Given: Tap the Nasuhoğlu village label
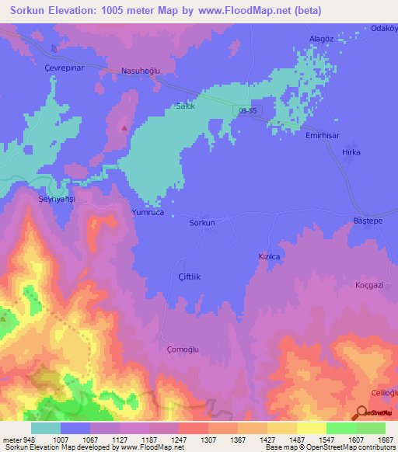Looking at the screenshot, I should [x=141, y=71].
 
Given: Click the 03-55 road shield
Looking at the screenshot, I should [x=249, y=111].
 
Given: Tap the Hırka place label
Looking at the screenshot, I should [x=351, y=152].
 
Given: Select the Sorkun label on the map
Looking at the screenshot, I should [x=202, y=223].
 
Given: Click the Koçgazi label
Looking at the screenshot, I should [x=371, y=285].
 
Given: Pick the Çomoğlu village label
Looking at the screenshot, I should [x=183, y=349].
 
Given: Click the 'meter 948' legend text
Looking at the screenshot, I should [x=20, y=439].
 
